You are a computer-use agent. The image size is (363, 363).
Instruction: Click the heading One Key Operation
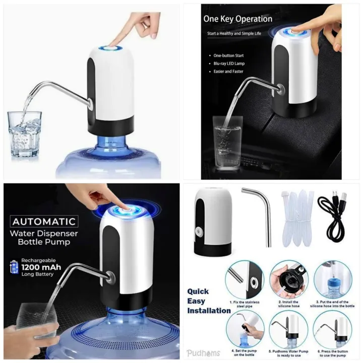coord(237,19)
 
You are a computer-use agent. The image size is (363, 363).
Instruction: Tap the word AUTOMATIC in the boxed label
coord(44,221)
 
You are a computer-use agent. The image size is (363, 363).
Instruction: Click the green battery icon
coord(14,266)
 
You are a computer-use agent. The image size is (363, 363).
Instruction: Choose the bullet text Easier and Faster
coord(228,72)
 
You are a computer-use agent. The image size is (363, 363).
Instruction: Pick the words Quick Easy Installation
coord(207,301)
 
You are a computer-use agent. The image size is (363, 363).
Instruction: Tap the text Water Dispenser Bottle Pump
coord(45,237)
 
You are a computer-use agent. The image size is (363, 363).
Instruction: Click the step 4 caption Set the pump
coord(245,352)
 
